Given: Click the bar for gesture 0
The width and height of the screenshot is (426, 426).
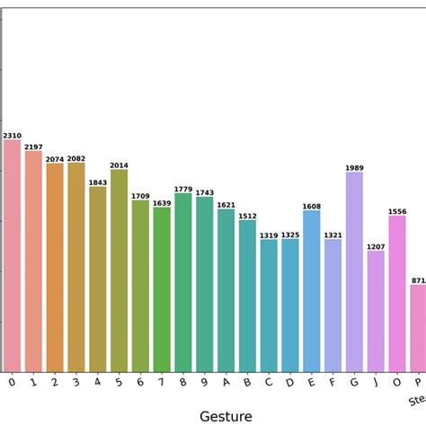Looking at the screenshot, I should [12, 256].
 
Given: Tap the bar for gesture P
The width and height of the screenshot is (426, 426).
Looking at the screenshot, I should [418, 328].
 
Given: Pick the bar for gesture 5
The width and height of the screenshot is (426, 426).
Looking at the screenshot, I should [119, 271].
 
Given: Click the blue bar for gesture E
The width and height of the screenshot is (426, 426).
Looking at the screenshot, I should [311, 291].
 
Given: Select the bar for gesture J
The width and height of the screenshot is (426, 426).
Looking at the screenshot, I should [376, 311].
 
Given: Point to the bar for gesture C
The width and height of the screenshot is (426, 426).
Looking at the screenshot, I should [269, 306].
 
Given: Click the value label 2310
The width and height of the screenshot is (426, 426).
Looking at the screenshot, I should [12, 136].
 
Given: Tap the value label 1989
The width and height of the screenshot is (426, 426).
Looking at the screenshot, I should [354, 168].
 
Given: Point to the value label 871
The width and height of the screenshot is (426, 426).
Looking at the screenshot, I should [418, 280].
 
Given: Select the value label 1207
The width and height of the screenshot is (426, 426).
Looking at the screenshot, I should [376, 246].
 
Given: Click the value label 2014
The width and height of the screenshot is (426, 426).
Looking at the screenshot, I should [119, 165].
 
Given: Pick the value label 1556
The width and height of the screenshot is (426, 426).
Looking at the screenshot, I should [396, 211].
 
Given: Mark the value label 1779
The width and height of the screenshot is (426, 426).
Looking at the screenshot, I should [183, 189].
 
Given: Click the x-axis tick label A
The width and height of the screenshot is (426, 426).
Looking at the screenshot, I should [226, 383].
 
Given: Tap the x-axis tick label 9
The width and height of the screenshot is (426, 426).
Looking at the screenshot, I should [205, 383].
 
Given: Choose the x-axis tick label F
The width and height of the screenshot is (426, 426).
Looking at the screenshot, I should [333, 383].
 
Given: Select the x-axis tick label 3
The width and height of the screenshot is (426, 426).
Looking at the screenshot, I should [76, 383].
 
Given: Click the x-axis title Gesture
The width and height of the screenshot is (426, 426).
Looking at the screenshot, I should [225, 415].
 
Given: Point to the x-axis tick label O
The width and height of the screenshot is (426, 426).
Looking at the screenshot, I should [396, 383].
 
